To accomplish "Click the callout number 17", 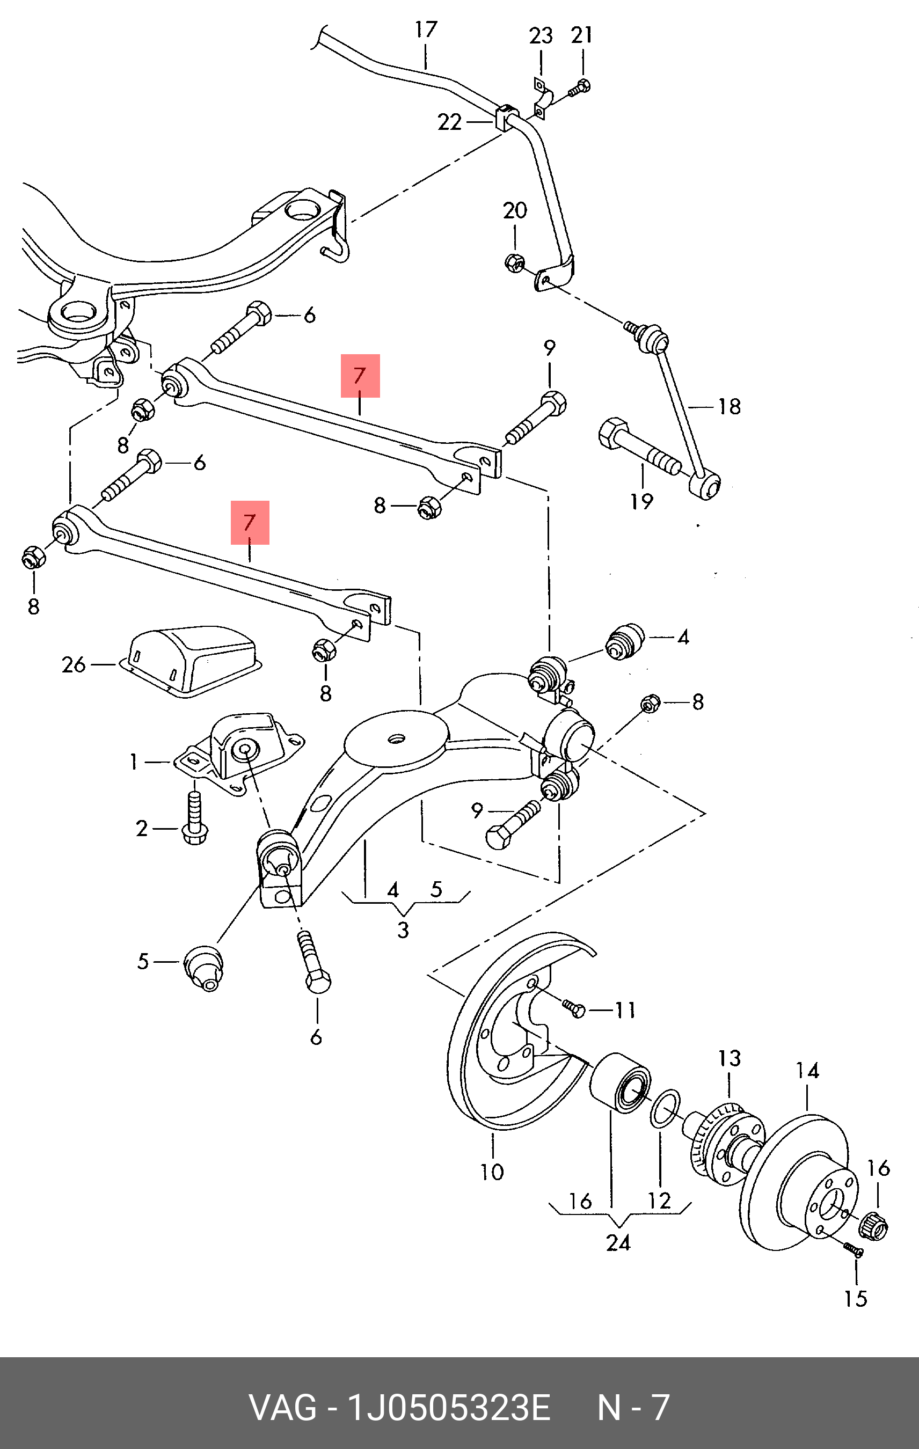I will (426, 30).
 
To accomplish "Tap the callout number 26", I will (74, 664).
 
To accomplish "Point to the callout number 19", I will (641, 501).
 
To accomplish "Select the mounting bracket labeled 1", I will (240, 752).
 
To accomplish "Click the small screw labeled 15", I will (854, 1250).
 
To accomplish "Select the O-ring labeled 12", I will (665, 1109).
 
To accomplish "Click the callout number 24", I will (618, 1242).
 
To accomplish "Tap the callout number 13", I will (729, 1058).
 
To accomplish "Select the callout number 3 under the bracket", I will (403, 930).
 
